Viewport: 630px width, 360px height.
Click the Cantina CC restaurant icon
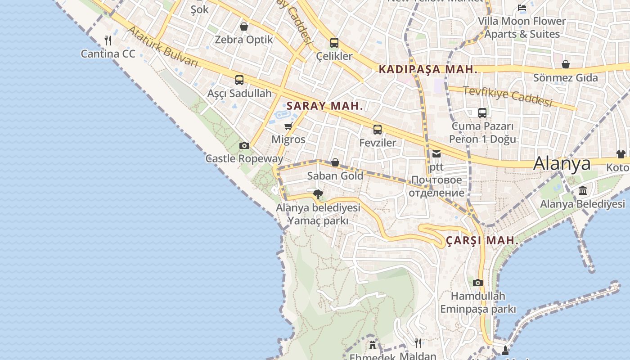point(108,40)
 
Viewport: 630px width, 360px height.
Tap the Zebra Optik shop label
point(244,40)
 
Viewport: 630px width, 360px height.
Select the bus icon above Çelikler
point(334,43)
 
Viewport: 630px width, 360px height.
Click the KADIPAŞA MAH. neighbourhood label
point(427,69)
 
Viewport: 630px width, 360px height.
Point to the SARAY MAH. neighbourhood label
point(324,106)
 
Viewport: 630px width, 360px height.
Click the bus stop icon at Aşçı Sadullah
point(239,80)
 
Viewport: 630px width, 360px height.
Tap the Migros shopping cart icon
point(288,126)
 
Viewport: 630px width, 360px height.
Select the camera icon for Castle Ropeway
point(244,145)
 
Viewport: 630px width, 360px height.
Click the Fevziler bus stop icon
point(378,130)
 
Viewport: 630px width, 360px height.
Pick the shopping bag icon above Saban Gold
point(335,162)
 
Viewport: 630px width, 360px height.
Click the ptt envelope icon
point(436,154)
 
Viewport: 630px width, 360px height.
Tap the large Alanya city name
point(562,164)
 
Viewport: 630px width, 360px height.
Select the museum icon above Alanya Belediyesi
point(583,191)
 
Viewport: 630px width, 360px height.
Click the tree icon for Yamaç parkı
point(318,194)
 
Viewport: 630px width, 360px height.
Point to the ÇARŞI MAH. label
point(482,241)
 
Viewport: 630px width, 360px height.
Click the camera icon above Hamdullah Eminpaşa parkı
point(478,283)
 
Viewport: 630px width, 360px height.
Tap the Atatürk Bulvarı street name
point(163,47)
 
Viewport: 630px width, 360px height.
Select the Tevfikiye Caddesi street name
point(507,96)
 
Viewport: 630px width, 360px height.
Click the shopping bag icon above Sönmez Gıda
point(566,64)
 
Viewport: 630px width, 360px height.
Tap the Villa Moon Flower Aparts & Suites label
point(522,27)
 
